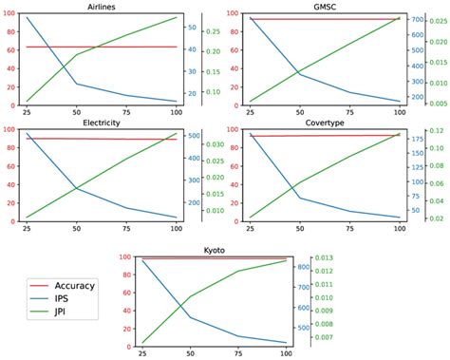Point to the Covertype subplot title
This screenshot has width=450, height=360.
[x=325, y=122]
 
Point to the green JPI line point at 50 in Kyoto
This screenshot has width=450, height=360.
[x=190, y=296]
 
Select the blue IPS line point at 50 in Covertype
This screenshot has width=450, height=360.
[x=300, y=198]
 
